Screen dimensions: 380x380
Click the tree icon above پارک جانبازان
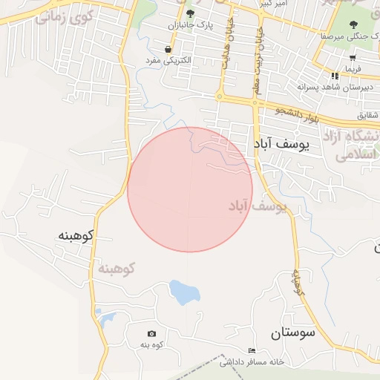click(x=191, y=13)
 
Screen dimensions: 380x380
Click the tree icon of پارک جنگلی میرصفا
click(x=353, y=24)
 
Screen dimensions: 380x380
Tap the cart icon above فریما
click(x=353, y=57)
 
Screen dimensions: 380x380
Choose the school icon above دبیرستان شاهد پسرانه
click(x=335, y=76)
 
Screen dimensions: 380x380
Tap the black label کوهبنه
click(x=76, y=236)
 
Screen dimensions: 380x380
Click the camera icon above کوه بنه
click(x=152, y=334)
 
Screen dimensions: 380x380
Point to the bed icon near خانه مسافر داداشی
click(x=251, y=350)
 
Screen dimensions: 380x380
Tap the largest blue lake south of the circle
click(x=184, y=292)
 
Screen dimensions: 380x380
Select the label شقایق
click(x=367, y=115)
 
